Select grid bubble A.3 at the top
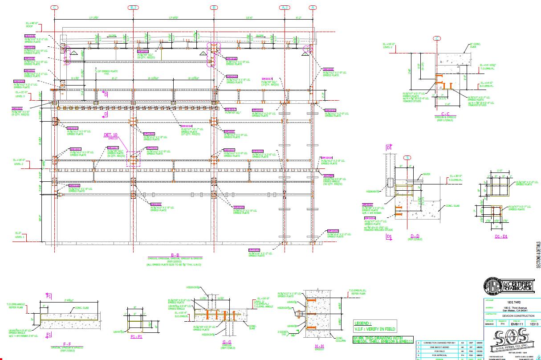coord(285,8)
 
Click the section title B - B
coord(174,255)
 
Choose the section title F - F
coord(67,344)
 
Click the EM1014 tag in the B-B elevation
coord(187,126)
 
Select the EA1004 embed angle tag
coord(329,176)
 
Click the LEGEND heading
coord(363,323)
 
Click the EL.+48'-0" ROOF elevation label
coord(33,24)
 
